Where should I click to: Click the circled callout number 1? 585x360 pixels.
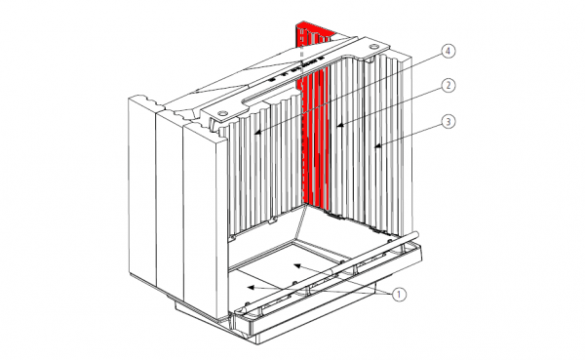[x=399, y=295]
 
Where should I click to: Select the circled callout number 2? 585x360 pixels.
[x=448, y=86]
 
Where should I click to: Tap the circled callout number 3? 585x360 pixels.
[x=448, y=121]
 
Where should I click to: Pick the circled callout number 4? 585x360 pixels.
[x=448, y=51]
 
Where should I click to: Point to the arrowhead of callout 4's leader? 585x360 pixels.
[x=258, y=133]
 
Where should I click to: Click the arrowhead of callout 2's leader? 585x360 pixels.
[x=340, y=126]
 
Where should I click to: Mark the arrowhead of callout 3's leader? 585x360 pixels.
[x=378, y=146]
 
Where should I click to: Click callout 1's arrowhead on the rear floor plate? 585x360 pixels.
[x=297, y=265]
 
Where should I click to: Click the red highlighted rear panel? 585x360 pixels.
[x=314, y=123]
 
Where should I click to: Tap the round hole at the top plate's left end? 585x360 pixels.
[x=222, y=113]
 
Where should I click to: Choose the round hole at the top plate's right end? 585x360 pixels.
[x=372, y=47]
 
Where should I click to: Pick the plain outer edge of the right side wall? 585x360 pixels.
[x=408, y=141]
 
